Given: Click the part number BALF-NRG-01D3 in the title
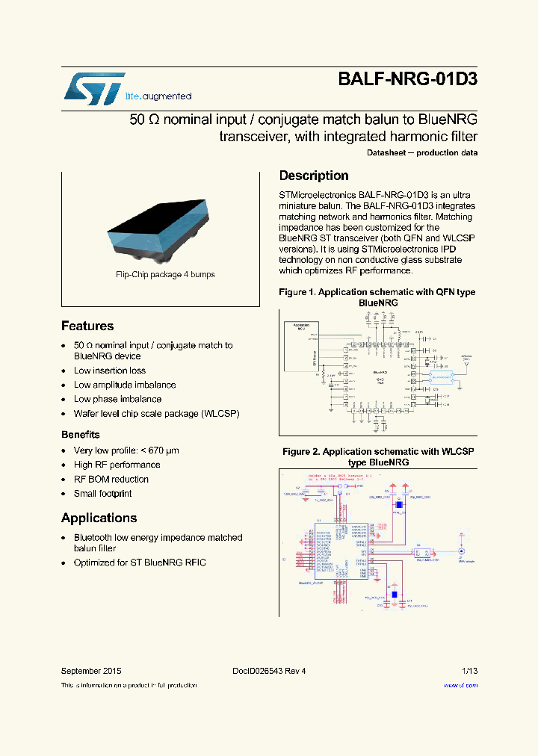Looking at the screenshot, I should [407, 81].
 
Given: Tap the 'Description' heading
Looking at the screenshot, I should [314, 176].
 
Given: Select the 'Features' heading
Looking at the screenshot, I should [87, 326].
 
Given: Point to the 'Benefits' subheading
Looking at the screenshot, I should [80, 434].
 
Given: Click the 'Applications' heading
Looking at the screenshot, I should [99, 518].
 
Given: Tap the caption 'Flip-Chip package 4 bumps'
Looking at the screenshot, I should [165, 274].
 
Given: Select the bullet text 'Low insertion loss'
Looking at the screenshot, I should [109, 371].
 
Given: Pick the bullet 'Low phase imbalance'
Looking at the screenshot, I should [117, 399].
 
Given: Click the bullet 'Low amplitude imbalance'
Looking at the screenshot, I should [125, 385].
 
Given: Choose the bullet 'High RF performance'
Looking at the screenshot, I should [117, 465].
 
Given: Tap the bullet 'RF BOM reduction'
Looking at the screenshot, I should [111, 479].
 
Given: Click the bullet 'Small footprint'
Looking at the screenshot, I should [102, 493].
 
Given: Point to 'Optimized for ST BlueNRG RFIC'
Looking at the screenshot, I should [140, 562].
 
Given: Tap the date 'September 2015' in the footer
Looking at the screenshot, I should [90, 671].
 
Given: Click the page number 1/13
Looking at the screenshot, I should [469, 671].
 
